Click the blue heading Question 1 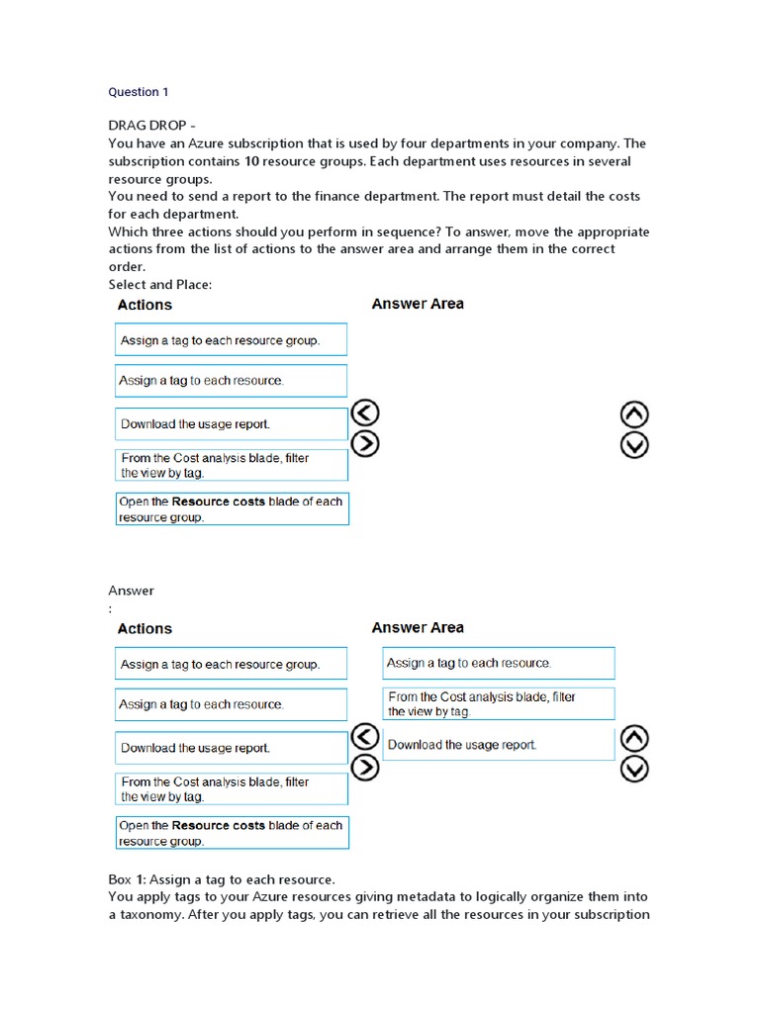coord(139,92)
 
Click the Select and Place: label coord(160,285)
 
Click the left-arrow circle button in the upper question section coord(366,414)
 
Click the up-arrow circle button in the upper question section coord(634,414)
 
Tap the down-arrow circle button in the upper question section coord(634,445)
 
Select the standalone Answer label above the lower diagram coord(131,591)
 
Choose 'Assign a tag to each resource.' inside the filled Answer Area coord(498,663)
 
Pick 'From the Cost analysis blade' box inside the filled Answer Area coord(498,703)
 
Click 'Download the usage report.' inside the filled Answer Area coord(498,745)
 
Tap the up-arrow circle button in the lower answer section coord(634,738)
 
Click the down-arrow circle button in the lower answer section coord(634,769)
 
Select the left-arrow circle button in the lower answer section coord(366,736)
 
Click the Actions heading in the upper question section coord(144,305)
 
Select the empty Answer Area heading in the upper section coord(417,304)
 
